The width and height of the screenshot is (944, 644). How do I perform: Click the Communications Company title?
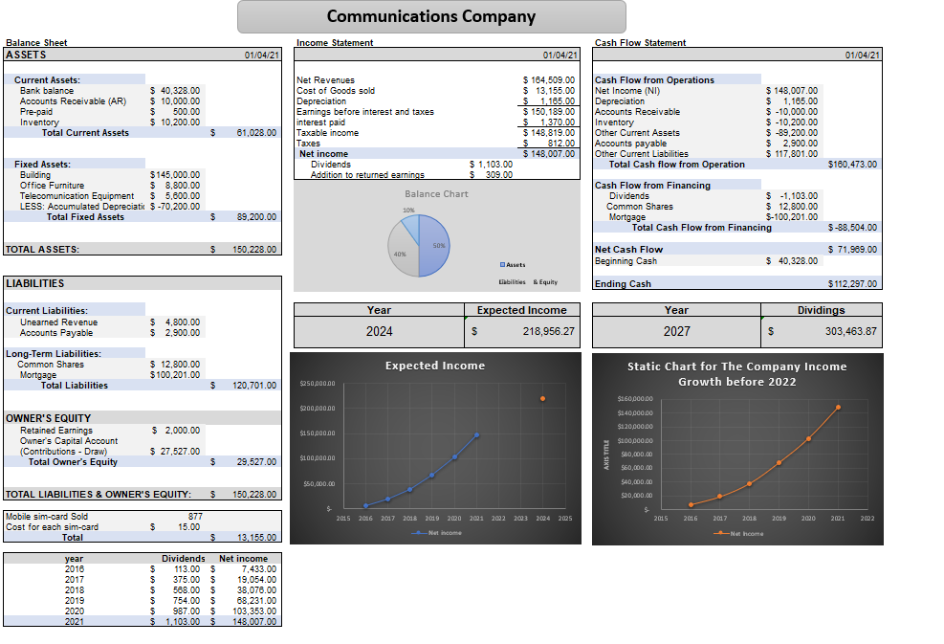click(431, 16)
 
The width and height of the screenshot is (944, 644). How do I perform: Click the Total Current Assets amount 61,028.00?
click(256, 133)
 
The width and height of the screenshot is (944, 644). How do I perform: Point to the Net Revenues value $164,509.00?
click(549, 80)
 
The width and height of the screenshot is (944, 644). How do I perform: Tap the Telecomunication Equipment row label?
click(77, 196)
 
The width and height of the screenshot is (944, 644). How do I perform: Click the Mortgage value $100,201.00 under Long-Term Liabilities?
click(175, 375)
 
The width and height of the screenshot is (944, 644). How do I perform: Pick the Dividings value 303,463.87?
click(836, 331)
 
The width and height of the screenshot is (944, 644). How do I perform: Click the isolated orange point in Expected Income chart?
click(542, 398)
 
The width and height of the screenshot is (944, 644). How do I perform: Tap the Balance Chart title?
click(436, 194)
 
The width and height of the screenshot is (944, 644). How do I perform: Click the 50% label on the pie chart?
click(438, 246)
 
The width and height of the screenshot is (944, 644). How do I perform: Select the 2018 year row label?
click(74, 589)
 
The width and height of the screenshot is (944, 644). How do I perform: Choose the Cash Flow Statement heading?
click(640, 42)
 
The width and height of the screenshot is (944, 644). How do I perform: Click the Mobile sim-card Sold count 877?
click(194, 517)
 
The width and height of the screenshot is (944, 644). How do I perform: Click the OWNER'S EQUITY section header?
click(49, 418)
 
